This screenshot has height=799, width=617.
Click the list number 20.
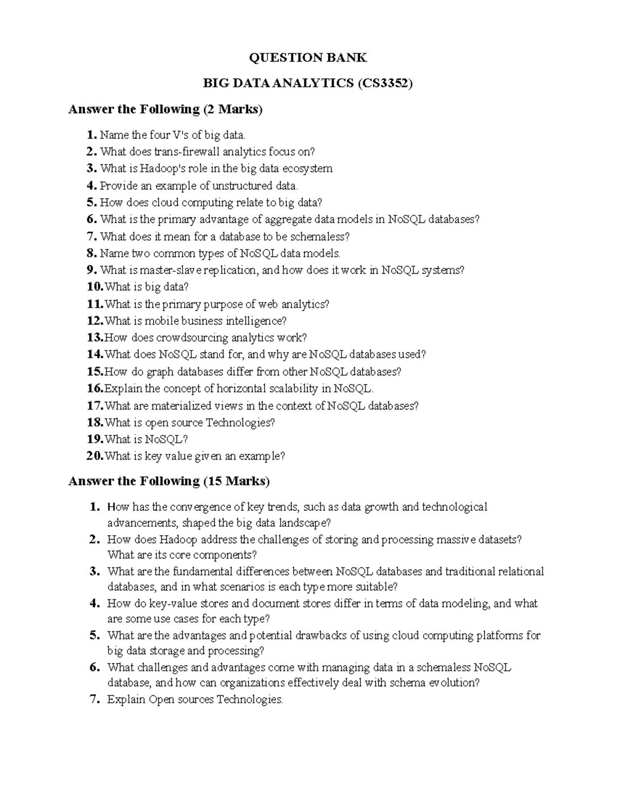pos(95,456)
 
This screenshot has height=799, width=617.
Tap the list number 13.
pos(95,338)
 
